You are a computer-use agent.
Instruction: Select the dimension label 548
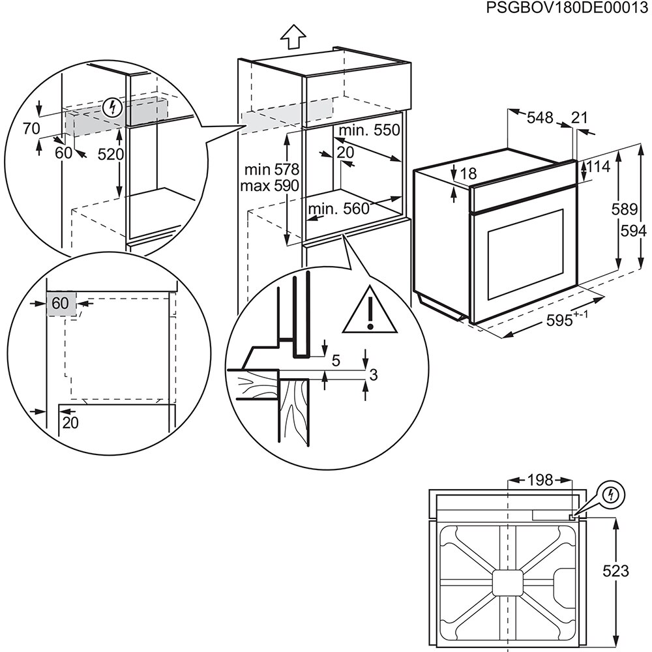tap(540, 117)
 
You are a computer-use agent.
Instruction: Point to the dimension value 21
tap(579, 117)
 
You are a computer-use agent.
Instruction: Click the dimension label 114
tap(597, 167)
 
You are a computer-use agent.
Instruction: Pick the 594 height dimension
tap(634, 231)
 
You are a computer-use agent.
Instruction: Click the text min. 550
tap(368, 130)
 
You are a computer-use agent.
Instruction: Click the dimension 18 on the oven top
tap(468, 173)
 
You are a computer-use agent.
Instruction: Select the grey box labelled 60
tap(61, 303)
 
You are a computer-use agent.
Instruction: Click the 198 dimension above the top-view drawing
tap(540, 481)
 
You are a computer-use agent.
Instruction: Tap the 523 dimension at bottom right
tap(615, 572)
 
